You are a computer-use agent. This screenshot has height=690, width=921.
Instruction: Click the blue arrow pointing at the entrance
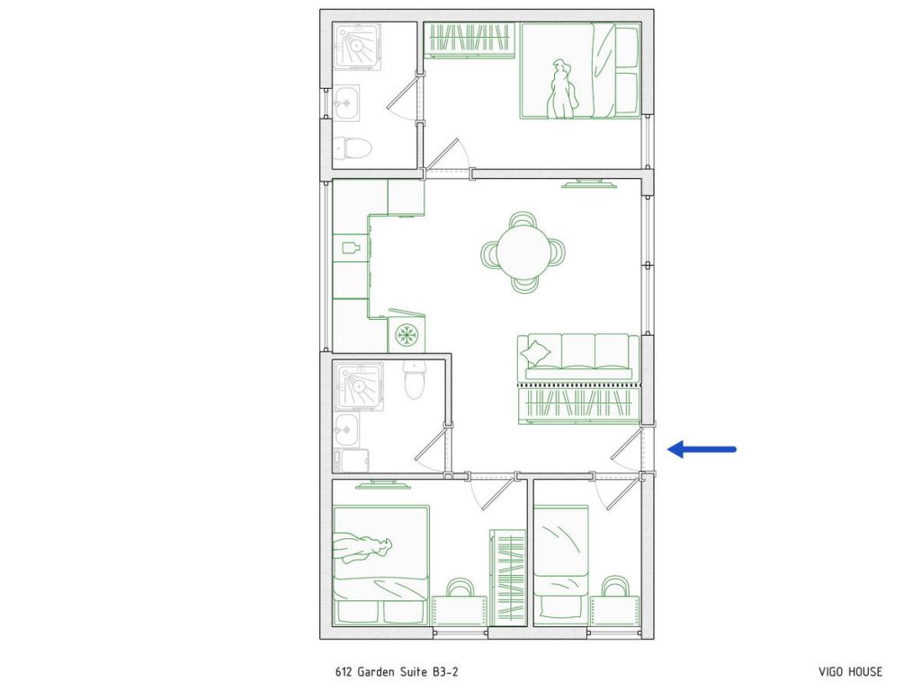702,449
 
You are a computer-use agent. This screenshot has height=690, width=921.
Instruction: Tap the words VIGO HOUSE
850,672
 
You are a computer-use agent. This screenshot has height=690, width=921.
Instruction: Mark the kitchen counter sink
351,245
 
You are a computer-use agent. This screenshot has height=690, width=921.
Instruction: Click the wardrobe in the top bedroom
469,40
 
